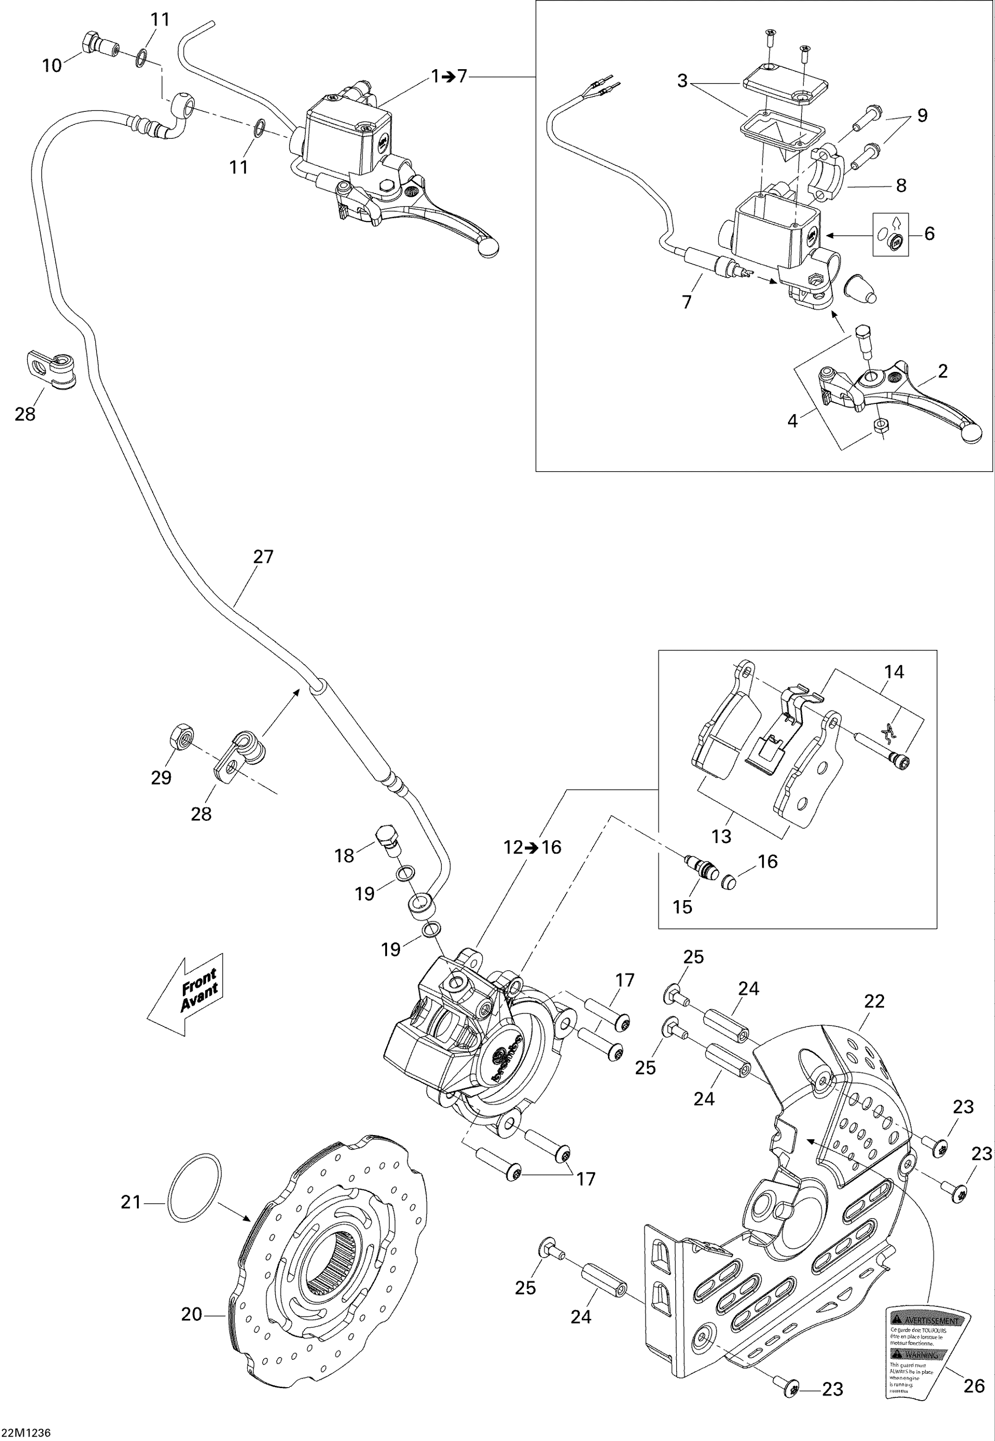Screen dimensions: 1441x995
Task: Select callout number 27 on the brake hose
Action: coord(263,556)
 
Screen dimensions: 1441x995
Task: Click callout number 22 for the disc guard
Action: coord(874,1001)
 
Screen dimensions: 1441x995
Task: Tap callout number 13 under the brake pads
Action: coord(721,836)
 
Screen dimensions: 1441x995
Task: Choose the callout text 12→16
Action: coord(533,847)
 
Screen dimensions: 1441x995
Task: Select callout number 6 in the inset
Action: coord(929,233)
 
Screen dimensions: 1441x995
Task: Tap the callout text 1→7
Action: coord(449,77)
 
